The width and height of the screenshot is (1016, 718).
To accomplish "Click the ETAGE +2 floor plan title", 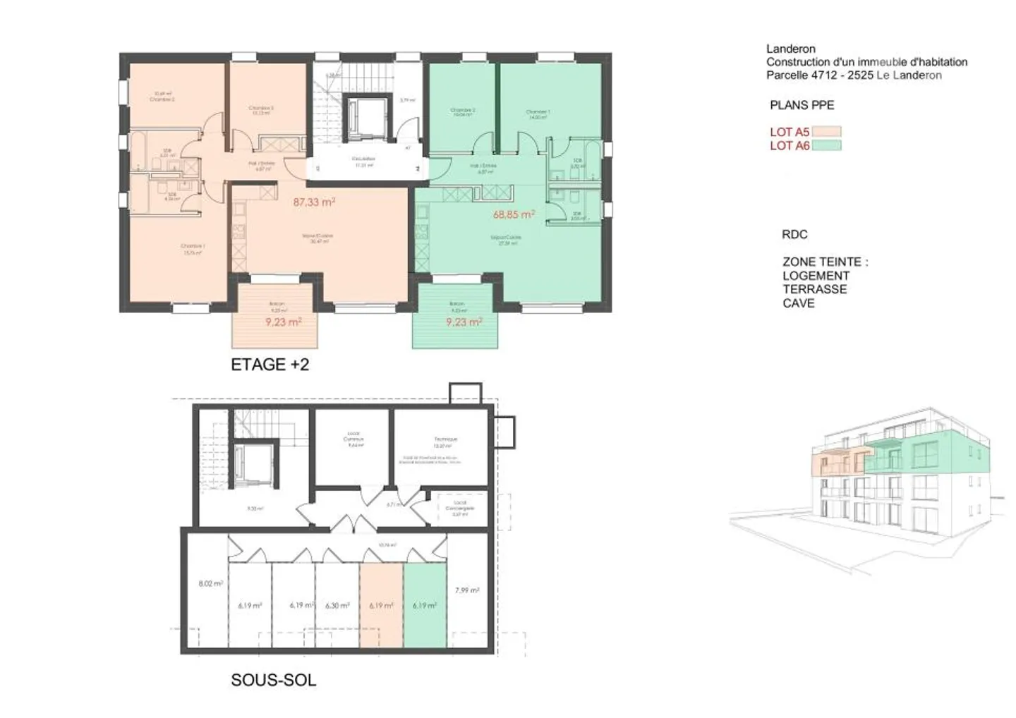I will pos(270,365).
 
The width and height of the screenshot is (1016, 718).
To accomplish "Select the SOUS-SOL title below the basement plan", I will pos(273,680).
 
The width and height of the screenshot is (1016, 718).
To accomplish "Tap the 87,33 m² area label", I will pos(314,202).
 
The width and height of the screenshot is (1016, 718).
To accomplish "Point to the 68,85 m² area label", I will pos(513,214).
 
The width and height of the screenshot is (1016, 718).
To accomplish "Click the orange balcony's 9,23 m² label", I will pos(284,322).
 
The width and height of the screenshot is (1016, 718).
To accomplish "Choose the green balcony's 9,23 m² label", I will pos(464,322).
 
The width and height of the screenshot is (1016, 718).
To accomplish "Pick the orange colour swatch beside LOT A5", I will pos(826,132).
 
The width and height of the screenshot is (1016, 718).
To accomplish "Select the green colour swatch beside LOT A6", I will pos(826,146).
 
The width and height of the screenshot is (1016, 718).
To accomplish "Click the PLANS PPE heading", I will pos(802,105).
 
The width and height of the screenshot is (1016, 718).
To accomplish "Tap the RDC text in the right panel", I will pos(794,234).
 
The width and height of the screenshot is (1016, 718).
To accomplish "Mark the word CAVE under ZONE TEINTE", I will pos(798,303).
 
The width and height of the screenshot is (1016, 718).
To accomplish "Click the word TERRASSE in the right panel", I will pos(814,289).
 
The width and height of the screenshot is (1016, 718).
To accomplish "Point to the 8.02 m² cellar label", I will pos(210,584).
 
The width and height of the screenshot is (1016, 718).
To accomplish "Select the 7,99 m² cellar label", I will pos(467,590).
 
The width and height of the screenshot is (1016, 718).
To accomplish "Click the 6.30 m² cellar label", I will pos(337,605).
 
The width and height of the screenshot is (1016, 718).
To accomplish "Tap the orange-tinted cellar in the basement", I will pos(381,621).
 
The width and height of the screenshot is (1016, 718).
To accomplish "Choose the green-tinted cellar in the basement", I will pos(425,621).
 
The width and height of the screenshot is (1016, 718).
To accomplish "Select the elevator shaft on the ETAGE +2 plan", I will pos(366,115).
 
